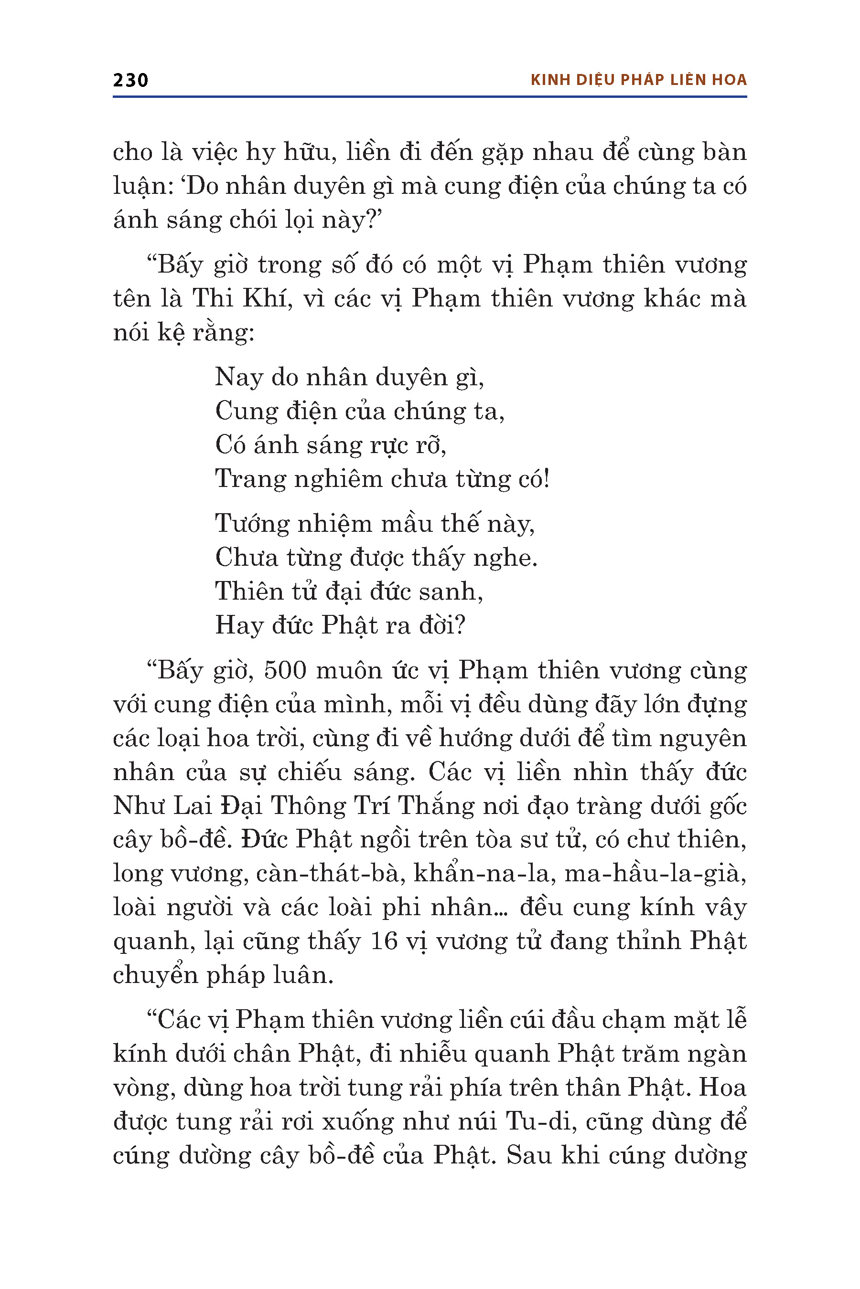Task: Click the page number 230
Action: pyautogui.click(x=130, y=80)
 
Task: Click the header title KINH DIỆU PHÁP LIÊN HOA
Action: pyautogui.click(x=638, y=80)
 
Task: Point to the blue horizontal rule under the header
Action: pyautogui.click(x=430, y=97)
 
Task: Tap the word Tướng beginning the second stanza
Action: pyautogui.click(x=252, y=523)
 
